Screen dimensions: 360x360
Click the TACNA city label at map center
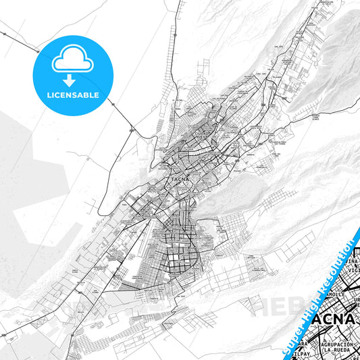point(179,179)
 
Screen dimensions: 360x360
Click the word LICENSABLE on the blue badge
point(73,95)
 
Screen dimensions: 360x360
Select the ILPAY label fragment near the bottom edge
point(313,352)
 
